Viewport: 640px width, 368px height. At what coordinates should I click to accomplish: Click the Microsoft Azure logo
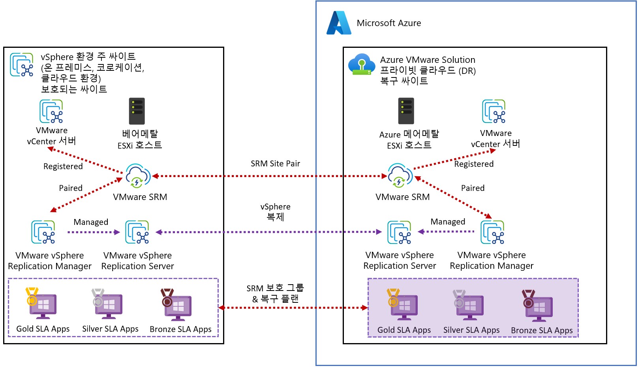point(338,23)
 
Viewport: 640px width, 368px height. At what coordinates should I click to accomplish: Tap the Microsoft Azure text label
point(389,23)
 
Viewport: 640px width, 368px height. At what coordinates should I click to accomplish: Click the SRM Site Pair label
point(275,164)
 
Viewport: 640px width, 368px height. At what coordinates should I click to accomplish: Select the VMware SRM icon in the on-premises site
point(138,176)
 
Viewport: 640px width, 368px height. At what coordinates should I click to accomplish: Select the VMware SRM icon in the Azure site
point(400,176)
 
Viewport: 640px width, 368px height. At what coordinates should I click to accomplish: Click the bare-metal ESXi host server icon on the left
point(137,111)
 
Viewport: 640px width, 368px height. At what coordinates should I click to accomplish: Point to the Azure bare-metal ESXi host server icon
point(406,111)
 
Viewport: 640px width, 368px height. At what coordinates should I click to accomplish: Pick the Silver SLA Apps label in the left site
point(110,329)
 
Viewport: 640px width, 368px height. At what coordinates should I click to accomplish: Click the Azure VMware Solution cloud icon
point(361,64)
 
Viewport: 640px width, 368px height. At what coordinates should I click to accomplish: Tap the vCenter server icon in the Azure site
point(494,111)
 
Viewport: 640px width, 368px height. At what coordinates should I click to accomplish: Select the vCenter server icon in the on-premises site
point(51,111)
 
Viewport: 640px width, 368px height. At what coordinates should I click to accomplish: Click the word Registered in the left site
point(63,166)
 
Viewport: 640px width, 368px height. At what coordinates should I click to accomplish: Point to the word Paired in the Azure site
point(473,188)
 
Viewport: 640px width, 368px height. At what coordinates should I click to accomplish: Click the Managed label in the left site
point(91,222)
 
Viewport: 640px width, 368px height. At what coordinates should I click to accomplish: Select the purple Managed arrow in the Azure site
point(446,232)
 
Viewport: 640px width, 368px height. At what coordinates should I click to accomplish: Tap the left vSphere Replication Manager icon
point(43,232)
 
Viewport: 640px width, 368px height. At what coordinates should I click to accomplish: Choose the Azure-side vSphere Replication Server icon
point(399,232)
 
